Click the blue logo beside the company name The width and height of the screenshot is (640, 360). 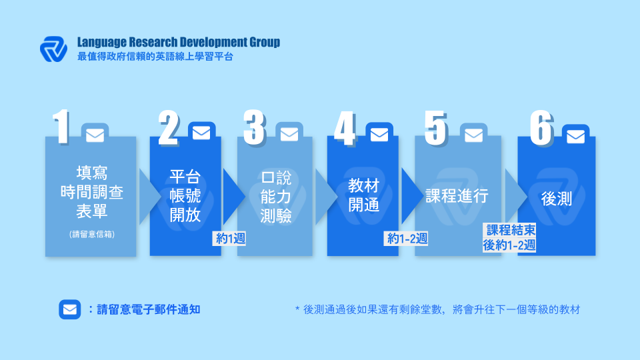(x=53, y=49)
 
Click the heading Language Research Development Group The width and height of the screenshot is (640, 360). (x=179, y=42)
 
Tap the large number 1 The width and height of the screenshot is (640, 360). (x=61, y=127)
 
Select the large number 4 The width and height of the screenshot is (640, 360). (x=345, y=129)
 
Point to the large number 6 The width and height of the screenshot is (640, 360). (x=541, y=128)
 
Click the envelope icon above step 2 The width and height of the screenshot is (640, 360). (x=201, y=133)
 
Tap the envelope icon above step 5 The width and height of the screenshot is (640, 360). (x=473, y=135)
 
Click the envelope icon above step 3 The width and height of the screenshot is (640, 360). (x=289, y=134)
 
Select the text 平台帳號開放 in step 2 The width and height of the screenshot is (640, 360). (x=185, y=196)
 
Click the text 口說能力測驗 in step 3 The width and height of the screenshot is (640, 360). (x=276, y=197)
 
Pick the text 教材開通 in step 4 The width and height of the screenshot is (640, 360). (x=364, y=195)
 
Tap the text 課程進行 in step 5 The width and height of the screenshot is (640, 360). (x=457, y=196)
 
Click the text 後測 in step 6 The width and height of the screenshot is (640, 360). (x=556, y=199)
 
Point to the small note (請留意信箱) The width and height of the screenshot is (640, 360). (x=92, y=234)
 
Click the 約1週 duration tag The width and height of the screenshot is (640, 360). (x=230, y=239)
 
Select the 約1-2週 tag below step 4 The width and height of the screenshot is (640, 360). (x=407, y=239)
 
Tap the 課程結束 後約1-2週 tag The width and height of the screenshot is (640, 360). (x=509, y=237)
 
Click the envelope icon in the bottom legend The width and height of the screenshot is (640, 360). (x=70, y=309)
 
